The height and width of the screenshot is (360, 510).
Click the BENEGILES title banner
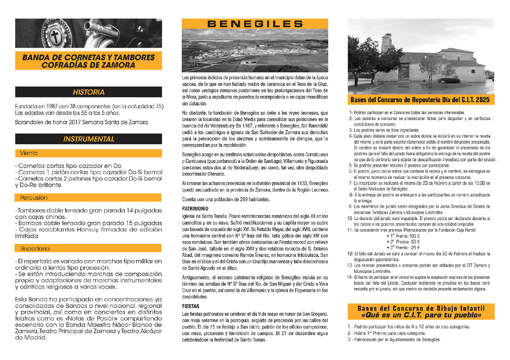coord(255,24)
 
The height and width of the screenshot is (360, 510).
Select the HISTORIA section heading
coord(89,92)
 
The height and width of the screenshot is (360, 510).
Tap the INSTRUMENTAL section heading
coord(89,139)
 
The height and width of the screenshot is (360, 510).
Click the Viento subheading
coord(29,153)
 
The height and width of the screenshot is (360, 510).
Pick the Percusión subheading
coord(34,197)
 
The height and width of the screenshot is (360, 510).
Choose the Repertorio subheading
coord(35,249)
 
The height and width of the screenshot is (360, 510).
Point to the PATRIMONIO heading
coord(195,209)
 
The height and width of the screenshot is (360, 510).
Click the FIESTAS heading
coord(191,306)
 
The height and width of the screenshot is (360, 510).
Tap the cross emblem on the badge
coord(55,36)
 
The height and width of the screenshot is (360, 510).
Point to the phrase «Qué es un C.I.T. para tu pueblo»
coord(421,315)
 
